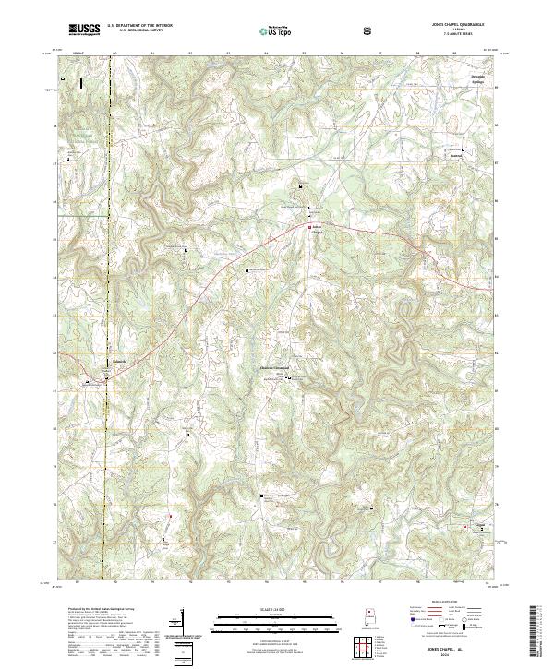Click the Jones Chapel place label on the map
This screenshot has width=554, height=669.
click(x=317, y=230)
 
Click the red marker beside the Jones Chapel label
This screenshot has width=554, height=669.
click(x=308, y=226)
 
